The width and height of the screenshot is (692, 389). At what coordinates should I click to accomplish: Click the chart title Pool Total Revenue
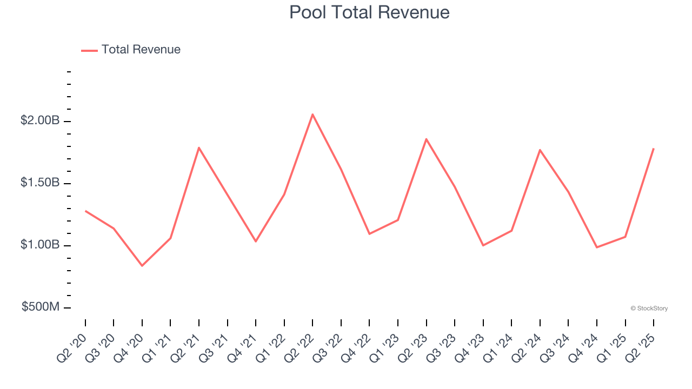(x=369, y=12)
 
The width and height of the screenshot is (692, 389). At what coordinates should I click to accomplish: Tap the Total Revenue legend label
(x=141, y=50)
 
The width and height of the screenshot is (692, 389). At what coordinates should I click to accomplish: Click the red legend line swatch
(x=89, y=50)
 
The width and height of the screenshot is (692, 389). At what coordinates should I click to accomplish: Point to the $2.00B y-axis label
(x=40, y=120)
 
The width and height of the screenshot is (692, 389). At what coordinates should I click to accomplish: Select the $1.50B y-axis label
(x=40, y=183)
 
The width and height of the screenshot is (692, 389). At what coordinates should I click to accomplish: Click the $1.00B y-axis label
(x=40, y=245)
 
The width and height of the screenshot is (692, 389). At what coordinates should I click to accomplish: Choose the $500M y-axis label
(x=41, y=307)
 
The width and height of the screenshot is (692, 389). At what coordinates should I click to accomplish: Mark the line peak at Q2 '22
(x=312, y=114)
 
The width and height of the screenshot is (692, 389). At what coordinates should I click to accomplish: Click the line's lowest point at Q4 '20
(x=142, y=266)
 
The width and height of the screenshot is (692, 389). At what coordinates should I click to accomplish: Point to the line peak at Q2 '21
(x=199, y=147)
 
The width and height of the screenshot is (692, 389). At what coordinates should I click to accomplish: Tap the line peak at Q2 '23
(x=427, y=139)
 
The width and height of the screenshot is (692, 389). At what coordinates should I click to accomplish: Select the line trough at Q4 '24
(x=597, y=247)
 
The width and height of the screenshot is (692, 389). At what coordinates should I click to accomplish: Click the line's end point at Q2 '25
(x=654, y=149)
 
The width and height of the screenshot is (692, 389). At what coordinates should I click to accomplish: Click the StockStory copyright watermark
(x=649, y=308)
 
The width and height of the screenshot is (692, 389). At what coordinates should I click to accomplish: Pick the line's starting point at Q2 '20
(x=85, y=211)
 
